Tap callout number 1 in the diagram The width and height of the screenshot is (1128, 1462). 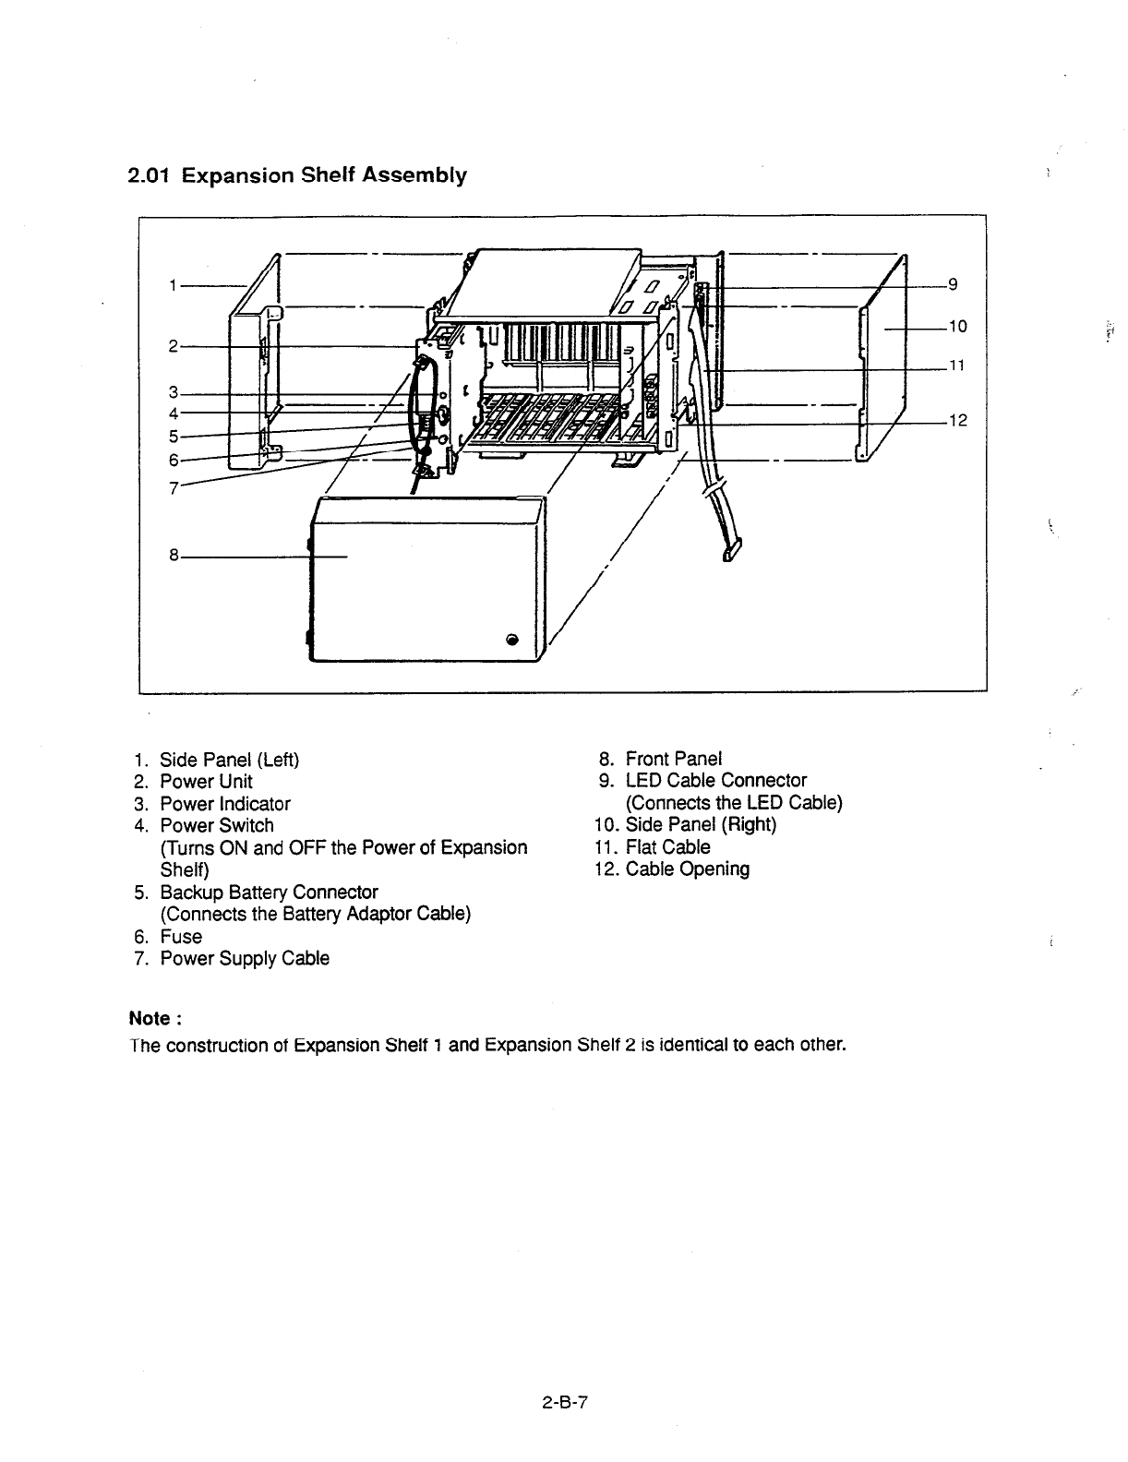173,286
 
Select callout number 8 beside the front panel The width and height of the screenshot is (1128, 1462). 174,557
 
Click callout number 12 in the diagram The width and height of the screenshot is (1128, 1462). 958,421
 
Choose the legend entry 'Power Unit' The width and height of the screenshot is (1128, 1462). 206,782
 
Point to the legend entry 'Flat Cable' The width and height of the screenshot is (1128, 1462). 667,847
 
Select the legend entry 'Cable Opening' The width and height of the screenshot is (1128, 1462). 687,869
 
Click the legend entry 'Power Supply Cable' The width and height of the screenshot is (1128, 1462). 244,958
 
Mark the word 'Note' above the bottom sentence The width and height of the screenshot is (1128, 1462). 150,1019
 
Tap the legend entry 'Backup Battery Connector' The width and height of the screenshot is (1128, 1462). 269,893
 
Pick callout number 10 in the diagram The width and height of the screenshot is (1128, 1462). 957,326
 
